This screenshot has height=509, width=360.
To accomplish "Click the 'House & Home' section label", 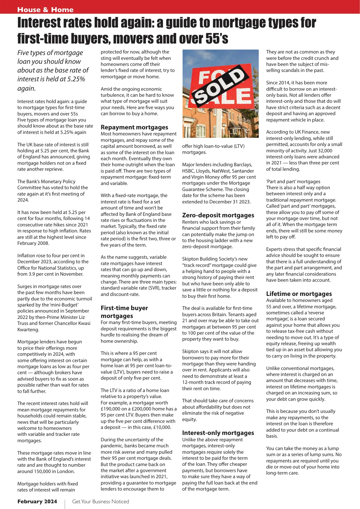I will [45, 10].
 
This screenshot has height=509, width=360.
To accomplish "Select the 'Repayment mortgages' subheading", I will [134, 127].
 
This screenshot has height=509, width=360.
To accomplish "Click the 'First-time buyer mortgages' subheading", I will [124, 312].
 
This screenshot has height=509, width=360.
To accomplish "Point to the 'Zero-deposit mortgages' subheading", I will [218, 215].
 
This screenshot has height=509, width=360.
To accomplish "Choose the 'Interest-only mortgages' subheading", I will [218, 433].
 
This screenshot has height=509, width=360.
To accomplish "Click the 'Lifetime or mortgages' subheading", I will [299, 294].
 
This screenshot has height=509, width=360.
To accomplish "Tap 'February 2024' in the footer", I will [37, 501].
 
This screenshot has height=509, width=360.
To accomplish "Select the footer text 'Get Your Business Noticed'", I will [101, 501].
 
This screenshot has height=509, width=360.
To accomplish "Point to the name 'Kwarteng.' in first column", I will [28, 329].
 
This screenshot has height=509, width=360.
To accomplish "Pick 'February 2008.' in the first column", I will [33, 243].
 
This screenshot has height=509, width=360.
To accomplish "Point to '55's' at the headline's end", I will [217, 39].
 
